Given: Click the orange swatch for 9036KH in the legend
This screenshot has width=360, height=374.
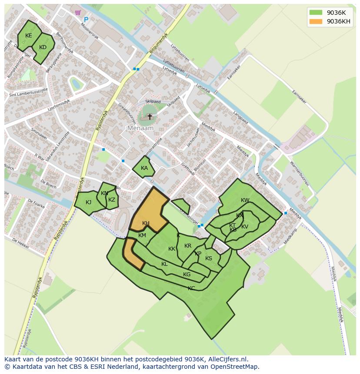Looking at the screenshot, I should pos(316,21).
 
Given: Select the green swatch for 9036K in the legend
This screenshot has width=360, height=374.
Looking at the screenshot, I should pos(316,12).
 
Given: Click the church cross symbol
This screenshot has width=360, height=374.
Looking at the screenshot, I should pos(150,117).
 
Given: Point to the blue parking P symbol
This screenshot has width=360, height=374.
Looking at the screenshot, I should pos(86,20).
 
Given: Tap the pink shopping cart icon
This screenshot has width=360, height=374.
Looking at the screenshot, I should pos(78,13).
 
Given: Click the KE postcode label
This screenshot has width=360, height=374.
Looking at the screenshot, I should pos(29,36).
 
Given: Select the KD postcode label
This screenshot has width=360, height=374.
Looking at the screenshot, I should pos(43,47).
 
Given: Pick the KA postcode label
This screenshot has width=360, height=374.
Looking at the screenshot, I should pos(144,168).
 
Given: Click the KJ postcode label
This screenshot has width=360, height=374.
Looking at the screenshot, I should pos(89,202).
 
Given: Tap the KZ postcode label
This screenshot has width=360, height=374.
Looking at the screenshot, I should pos(112,200).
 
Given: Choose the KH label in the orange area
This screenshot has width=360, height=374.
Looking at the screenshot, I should pos(146,223).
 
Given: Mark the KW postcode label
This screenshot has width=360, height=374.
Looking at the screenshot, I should pos(245,200).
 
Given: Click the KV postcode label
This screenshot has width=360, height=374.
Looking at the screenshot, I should pos(245,227).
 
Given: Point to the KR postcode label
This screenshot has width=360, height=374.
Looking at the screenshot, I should pos(188,246).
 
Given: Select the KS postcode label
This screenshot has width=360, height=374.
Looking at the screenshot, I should pos(209,258).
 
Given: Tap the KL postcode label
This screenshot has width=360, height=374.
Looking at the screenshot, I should pos(164,264).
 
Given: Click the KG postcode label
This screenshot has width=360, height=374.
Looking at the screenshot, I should pos(187,275).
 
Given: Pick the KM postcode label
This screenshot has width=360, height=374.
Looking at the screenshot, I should pos(142,235).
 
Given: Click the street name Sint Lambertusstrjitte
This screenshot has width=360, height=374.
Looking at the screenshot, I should pos(28,93).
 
